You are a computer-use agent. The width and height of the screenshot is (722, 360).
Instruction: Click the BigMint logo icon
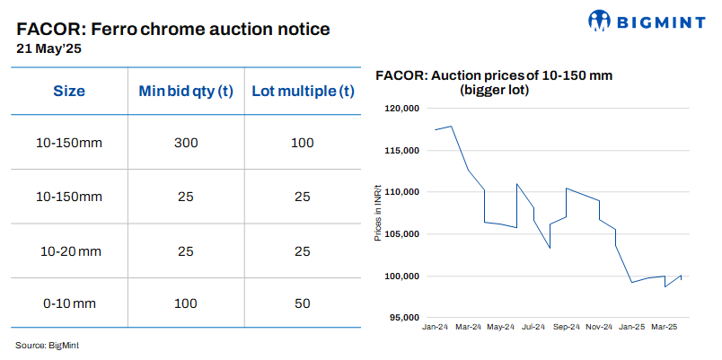pyautogui.click(x=601, y=21)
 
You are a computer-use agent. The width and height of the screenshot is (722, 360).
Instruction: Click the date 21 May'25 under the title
pyautogui.click(x=48, y=50)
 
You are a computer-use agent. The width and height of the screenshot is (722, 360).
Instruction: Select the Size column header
pyautogui.click(x=69, y=92)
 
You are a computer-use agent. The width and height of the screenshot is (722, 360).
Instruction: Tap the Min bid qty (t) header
pyautogui.click(x=186, y=92)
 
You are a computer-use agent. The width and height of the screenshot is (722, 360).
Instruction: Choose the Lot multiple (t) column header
pyautogui.click(x=303, y=92)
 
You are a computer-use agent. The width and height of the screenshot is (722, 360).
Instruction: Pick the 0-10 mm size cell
pyautogui.click(x=69, y=303)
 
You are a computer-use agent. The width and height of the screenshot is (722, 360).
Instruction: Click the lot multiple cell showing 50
pyautogui.click(x=303, y=303)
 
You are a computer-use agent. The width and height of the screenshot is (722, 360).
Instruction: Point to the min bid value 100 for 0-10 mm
pyautogui.click(x=186, y=303)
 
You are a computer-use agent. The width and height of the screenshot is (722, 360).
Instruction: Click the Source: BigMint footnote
pyautogui.click(x=53, y=345)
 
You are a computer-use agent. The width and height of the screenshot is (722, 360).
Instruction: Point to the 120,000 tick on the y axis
pyautogui.click(x=402, y=109)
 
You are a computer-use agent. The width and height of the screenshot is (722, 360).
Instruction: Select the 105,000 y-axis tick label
pyautogui.click(x=402, y=234)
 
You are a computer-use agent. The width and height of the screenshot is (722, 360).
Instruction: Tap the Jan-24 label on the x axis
pyautogui.click(x=436, y=328)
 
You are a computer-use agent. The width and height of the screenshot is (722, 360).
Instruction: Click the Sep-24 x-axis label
pyautogui.click(x=566, y=328)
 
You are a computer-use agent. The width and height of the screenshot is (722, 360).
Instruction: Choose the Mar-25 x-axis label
pyautogui.click(x=664, y=328)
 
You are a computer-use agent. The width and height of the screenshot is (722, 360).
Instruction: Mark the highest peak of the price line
pyautogui.click(x=451, y=126)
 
